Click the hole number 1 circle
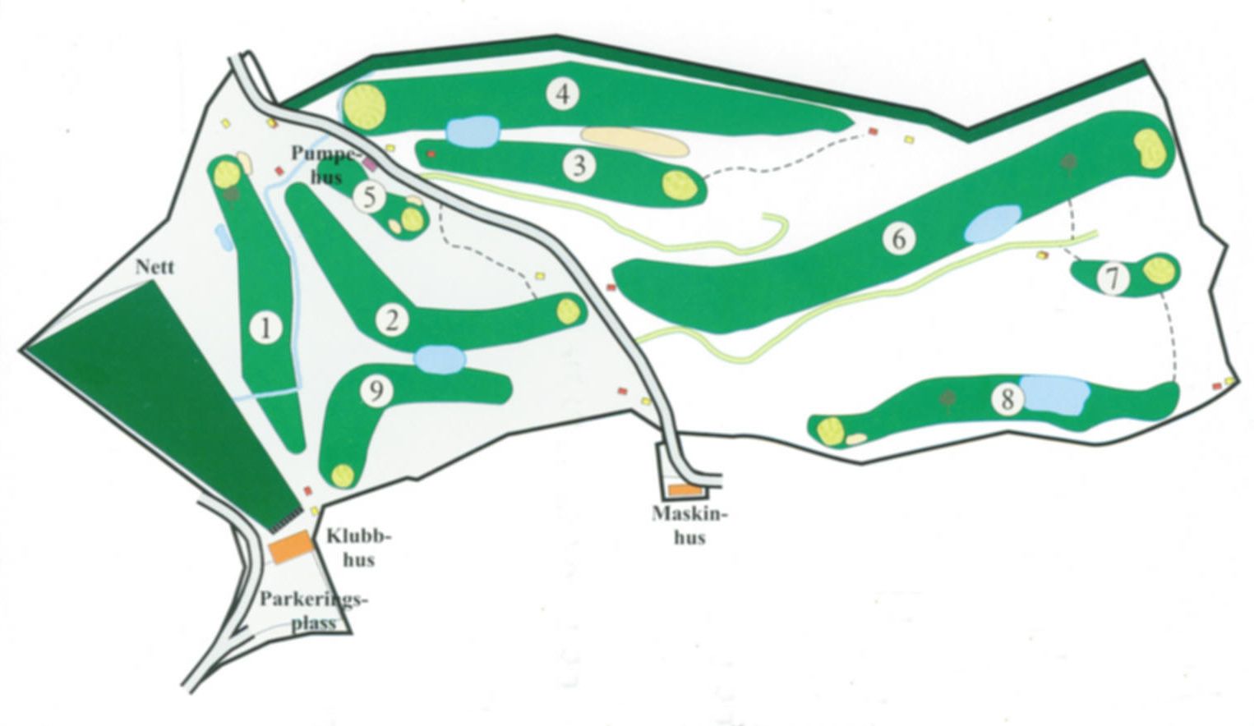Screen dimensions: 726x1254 (x=265, y=329)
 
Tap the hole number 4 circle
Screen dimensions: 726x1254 (x=563, y=94)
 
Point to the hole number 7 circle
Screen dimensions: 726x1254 (x=1113, y=279)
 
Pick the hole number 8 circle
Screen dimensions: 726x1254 (x=1007, y=400)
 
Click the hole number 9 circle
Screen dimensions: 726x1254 (x=376, y=393)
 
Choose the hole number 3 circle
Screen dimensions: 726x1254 (x=580, y=166)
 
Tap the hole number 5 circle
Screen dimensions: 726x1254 (x=370, y=197)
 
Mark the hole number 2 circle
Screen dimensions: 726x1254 (x=393, y=320)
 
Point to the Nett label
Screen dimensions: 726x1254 (x=157, y=267)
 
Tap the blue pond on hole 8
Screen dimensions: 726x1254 (x=1053, y=395)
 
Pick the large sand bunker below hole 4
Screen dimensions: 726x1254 (x=633, y=141)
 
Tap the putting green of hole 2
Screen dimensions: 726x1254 (x=569, y=310)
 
